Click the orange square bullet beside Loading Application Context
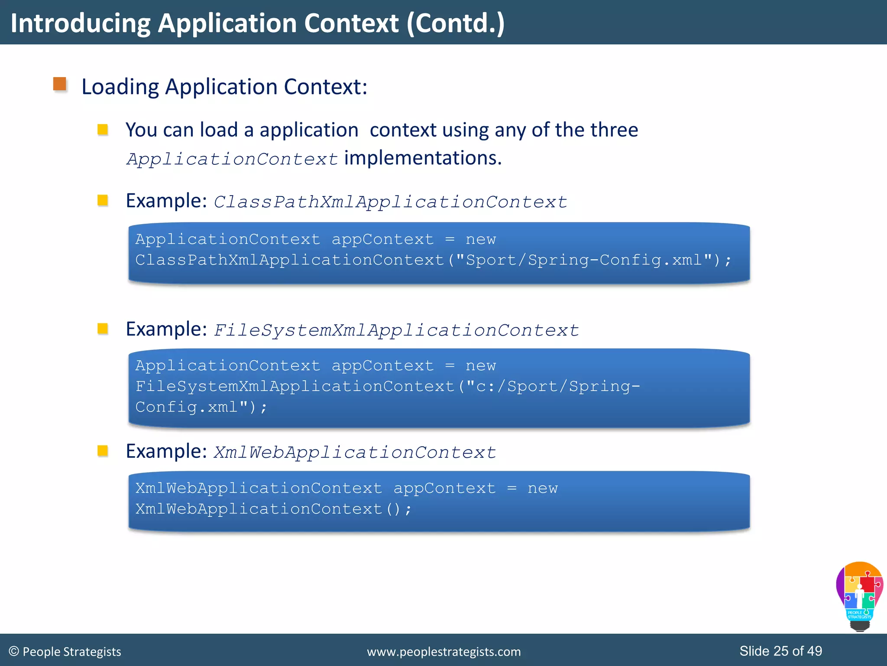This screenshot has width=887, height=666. point(60,84)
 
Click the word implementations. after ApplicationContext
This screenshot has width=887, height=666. point(423,158)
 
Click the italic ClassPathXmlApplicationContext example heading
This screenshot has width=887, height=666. point(390,202)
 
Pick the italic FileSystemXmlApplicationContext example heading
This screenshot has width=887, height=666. point(396,330)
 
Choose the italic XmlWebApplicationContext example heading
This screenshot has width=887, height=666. point(355,453)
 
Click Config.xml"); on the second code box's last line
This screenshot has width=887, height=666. point(201,407)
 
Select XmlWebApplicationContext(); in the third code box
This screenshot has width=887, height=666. point(273,509)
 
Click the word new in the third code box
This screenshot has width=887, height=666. point(542,489)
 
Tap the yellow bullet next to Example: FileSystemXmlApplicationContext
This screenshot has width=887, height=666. point(103,329)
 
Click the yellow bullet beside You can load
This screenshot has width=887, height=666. point(103,130)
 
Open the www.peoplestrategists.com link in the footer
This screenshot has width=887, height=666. point(443,652)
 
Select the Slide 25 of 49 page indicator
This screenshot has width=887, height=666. point(780,651)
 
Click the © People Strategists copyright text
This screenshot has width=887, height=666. point(65,652)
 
